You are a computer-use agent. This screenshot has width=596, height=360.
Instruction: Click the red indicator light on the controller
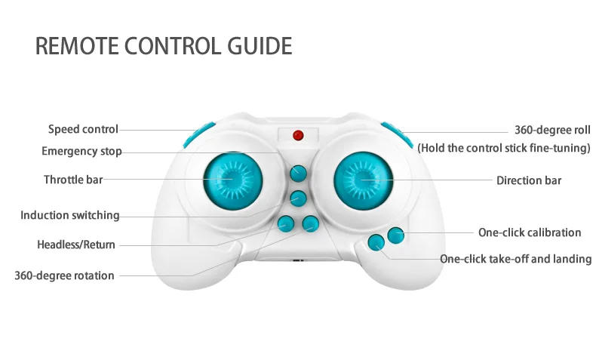pyautogui.click(x=298, y=136)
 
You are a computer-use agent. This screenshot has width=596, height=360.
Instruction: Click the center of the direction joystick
pyautogui.click(x=364, y=180)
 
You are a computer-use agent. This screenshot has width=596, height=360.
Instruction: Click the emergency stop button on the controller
pyautogui.click(x=299, y=173)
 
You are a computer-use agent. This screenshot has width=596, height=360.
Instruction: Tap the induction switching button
pyautogui.click(x=299, y=199)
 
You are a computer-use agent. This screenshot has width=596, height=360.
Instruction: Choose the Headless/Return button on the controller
pyautogui.click(x=286, y=223)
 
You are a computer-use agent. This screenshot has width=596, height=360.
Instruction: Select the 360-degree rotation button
pyautogui.click(x=310, y=223)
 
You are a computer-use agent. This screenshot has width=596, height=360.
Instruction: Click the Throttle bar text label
pyautogui.click(x=72, y=180)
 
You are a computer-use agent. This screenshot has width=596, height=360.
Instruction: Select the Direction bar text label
pyautogui.click(x=528, y=180)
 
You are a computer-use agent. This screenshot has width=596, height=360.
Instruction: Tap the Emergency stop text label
pyautogui.click(x=81, y=152)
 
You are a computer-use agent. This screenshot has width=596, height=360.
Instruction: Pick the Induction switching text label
pyautogui.click(x=69, y=215)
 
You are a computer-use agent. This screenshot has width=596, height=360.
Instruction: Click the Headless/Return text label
pyautogui.click(x=76, y=245)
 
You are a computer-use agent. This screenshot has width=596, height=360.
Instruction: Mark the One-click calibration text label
pyautogui.click(x=530, y=232)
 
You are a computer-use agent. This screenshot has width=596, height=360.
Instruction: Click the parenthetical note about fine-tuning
pyautogui.click(x=504, y=148)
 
